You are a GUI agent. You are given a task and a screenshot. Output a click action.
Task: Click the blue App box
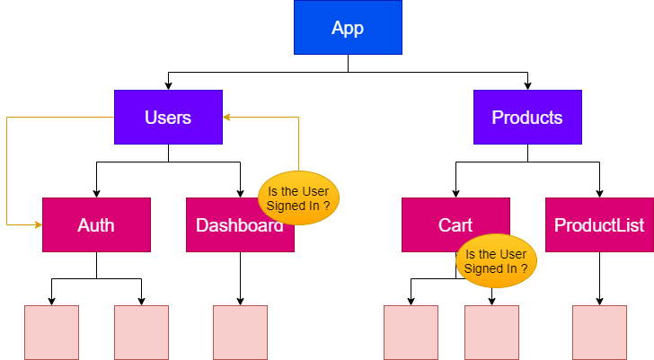tap(348, 27)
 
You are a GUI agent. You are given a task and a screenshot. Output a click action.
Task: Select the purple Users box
tap(169, 117)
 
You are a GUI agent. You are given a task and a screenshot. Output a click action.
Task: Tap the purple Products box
tap(527, 117)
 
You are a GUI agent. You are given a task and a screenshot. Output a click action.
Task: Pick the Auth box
tap(96, 224)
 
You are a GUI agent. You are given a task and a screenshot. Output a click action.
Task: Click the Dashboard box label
tap(239, 225)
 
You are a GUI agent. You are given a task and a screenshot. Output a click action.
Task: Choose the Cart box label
tap(455, 225)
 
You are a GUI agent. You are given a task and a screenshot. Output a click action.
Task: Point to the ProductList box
tap(599, 224)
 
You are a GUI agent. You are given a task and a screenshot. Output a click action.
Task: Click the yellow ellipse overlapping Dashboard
tap(298, 198)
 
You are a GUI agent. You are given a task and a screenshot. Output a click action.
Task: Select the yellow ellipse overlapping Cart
tap(496, 261)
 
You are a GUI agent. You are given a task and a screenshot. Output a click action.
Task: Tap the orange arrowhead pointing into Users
tap(226, 117)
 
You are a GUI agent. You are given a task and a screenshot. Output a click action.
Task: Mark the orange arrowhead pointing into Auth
tap(39, 224)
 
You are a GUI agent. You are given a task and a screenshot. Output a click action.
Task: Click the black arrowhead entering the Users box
tap(169, 86)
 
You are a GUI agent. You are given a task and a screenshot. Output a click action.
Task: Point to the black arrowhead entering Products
tap(527, 86)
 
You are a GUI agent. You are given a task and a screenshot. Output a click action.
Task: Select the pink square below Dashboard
tap(240, 332)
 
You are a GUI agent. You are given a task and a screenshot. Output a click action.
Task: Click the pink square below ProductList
tap(599, 332)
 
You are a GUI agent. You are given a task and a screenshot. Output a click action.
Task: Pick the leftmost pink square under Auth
tap(52, 332)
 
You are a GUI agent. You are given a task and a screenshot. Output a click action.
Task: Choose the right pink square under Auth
tap(141, 332)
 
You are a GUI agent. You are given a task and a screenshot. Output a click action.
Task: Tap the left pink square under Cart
tap(411, 332)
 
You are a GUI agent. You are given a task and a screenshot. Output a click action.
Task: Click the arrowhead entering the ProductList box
tap(599, 193)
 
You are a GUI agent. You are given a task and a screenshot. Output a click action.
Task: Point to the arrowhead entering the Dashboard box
tap(240, 193)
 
